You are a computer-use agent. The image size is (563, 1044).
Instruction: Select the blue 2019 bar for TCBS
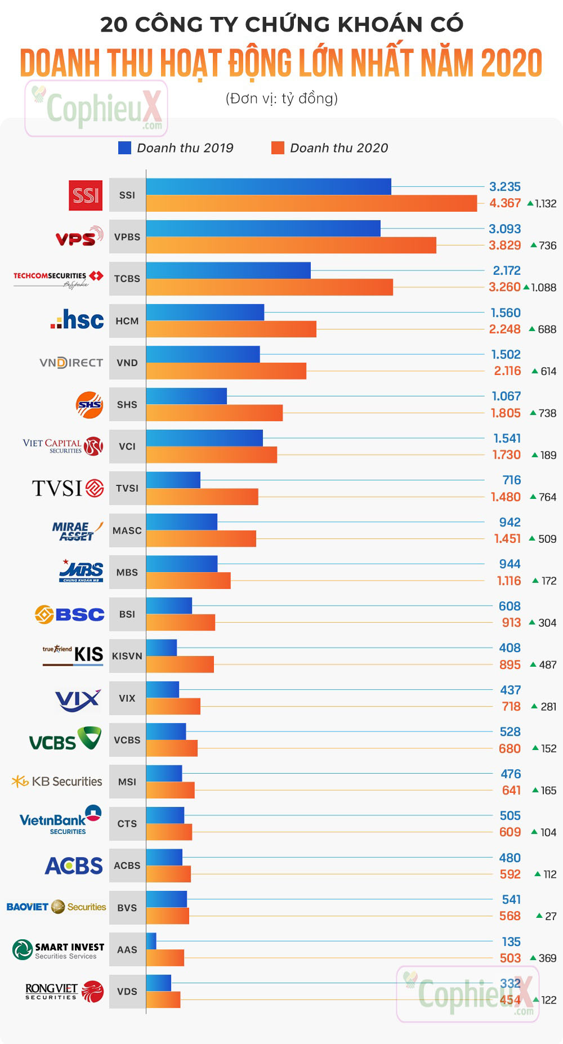pos(228,270)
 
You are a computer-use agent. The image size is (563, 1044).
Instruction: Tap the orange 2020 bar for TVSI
pos(202,497)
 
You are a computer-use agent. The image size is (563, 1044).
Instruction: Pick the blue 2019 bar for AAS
pos(151,941)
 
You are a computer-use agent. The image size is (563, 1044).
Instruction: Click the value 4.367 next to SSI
pos(505,203)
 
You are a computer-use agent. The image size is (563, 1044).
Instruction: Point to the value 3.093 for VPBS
pos(505,229)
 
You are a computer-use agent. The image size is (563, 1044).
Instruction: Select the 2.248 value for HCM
pos(505,329)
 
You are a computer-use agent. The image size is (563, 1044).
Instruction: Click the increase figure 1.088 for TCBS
pos(544,287)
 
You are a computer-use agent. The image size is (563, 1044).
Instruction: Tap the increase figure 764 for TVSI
pos(547,497)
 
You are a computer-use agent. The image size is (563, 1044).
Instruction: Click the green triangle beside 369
pos(533,957)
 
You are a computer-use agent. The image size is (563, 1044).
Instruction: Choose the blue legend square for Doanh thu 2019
pos(124,148)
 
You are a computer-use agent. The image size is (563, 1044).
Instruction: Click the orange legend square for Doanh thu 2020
pos(278,148)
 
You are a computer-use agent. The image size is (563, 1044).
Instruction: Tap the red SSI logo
pos(86,195)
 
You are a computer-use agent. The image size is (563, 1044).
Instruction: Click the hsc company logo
pos(77,320)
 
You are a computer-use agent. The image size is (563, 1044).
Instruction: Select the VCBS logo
pos(65,739)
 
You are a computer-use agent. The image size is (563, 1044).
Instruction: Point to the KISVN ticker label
pos(127,656)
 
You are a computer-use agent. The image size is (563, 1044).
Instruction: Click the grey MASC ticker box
pos(127,530)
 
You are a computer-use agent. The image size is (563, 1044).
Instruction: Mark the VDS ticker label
pos(127,992)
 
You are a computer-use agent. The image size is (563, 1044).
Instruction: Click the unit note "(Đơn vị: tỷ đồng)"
pos(281,99)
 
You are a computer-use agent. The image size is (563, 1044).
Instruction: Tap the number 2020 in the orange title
pos(511,63)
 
